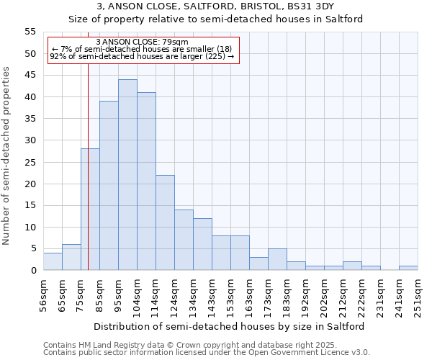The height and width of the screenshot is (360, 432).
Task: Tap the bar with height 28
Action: click(90, 210)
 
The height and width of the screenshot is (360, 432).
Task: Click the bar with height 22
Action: click(165, 222)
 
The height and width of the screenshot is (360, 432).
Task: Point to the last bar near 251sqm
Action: click(408, 268)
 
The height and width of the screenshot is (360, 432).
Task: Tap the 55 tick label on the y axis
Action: click(30, 32)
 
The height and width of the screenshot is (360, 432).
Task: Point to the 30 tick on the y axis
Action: click(30, 140)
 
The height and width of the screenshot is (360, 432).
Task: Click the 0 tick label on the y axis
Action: click(32, 271)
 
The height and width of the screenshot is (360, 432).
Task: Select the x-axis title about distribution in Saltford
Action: click(230, 326)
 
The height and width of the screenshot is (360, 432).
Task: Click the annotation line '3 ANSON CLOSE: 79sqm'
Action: click(141, 42)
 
